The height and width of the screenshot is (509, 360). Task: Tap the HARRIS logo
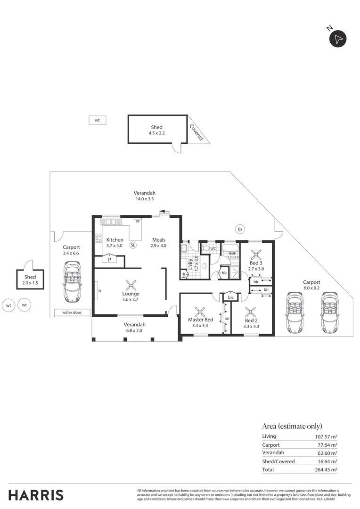[36, 495]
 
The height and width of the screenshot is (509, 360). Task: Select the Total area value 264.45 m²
[326, 469]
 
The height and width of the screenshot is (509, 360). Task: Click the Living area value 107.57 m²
[326, 436]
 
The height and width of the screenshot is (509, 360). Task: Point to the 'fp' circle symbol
[240, 230]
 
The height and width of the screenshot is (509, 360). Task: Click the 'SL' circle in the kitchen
[133, 245]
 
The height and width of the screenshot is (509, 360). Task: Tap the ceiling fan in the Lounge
[131, 285]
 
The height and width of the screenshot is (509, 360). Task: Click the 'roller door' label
[72, 312]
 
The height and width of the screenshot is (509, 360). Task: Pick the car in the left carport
[73, 283]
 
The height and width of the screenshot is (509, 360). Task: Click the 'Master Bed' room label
[201, 320]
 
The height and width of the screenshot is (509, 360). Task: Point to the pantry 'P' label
[109, 259]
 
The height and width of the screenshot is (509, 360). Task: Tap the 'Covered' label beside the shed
[196, 132]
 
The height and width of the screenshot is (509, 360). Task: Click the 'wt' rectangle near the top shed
[98, 120]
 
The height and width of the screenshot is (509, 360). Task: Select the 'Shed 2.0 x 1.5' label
[30, 280]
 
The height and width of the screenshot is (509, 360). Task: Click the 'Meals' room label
[158, 240]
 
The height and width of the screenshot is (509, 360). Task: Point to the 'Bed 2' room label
[252, 320]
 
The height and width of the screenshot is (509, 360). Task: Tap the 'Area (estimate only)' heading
[292, 426]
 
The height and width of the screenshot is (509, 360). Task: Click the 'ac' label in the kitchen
[138, 221]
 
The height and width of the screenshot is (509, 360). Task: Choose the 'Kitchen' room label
[115, 240]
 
